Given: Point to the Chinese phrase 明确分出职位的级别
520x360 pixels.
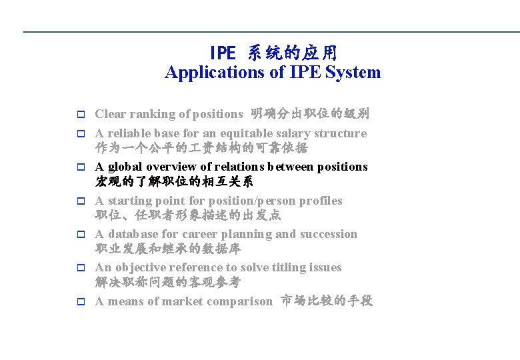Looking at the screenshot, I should (x=309, y=114).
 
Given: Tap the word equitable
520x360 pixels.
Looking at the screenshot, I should (x=232, y=133).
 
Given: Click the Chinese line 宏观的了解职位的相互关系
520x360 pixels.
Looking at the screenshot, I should (x=174, y=181).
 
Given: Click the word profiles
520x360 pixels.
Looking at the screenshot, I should (x=321, y=201).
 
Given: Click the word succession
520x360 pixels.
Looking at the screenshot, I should (x=328, y=234).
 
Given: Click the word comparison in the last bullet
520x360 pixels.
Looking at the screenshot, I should (x=239, y=301).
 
